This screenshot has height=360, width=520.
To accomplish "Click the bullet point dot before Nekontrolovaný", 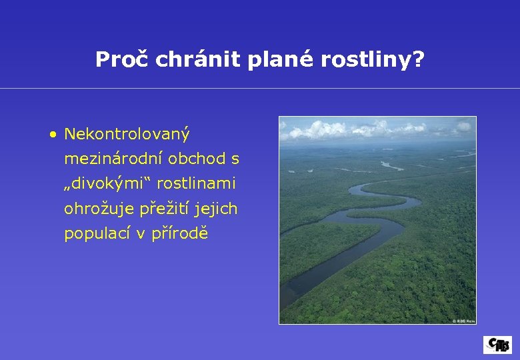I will pos(52,135).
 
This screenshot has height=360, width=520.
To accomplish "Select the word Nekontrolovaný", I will pos(127,135).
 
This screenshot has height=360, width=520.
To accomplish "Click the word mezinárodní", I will pos(113,159).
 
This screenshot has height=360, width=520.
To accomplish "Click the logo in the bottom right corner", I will pos(497,344).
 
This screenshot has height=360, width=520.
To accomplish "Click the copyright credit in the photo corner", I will pos(463,321).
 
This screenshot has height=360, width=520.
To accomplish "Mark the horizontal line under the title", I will pos(260,88).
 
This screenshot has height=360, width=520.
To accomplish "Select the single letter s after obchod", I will pos(235,160).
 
